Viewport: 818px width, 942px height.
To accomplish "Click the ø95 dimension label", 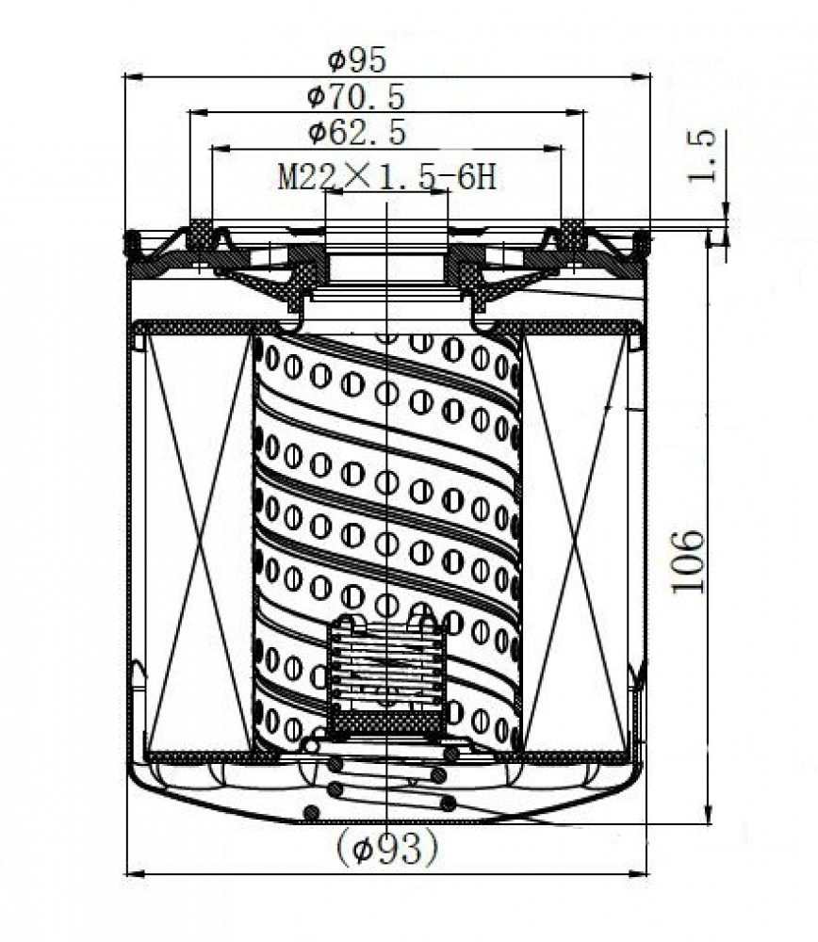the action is [356, 60].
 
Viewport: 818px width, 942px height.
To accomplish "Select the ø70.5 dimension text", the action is [356, 97].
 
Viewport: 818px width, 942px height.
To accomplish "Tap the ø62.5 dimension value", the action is [357, 132].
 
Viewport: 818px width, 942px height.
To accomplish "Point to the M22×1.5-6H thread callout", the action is [387, 177].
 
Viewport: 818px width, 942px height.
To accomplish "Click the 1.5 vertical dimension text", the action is [701, 155].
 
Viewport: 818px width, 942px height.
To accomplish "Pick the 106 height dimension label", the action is [687, 561].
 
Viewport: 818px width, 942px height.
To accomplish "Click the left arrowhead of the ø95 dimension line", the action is [133, 77].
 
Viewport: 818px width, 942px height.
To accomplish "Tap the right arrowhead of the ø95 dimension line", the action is [641, 77].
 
